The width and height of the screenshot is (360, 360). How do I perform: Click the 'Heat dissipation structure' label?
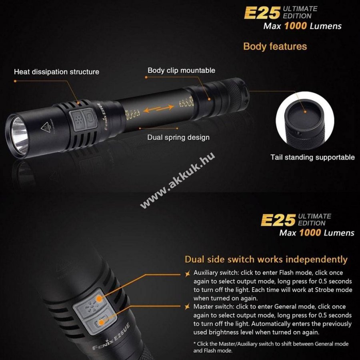pos(56,72)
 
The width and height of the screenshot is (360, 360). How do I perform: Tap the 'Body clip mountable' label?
pos(181,70)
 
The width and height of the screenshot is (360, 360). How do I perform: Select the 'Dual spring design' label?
pos(178,137)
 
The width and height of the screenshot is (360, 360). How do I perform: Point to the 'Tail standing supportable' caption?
pos(312,157)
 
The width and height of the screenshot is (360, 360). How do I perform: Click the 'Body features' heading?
pos(275,46)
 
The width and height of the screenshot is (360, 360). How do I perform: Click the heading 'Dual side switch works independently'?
pos(266,260)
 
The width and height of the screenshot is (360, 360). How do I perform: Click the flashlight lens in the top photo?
pos(20,135)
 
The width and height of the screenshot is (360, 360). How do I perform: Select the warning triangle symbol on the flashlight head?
pos(46,127)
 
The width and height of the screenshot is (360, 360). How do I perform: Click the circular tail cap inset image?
pos(305,121)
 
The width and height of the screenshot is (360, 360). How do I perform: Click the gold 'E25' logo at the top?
pos(262,13)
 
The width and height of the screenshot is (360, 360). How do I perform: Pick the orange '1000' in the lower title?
pos(310,233)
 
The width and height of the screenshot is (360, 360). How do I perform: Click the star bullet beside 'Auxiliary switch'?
pos(188,274)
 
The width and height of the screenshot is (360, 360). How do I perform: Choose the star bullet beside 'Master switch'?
pos(188,307)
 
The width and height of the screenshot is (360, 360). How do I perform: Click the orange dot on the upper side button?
pos(99,299)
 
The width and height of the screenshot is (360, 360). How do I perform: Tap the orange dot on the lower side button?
pos(101,322)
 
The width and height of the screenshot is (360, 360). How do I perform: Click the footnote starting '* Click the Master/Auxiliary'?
pos(271,347)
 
